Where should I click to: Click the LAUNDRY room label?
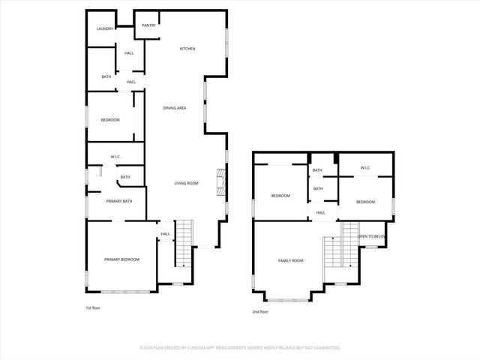[x=104, y=28]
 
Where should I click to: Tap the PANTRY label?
[x=148, y=25]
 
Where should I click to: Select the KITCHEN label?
[x=187, y=49]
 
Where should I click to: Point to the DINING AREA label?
[x=175, y=108]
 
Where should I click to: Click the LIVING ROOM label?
[x=186, y=183]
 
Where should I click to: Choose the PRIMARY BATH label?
[x=119, y=201]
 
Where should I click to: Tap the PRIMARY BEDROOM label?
[x=121, y=259]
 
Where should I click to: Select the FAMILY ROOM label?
[x=290, y=260]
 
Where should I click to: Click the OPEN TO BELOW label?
[x=372, y=236]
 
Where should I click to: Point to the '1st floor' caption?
[x=93, y=307]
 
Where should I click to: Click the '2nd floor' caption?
[x=261, y=311]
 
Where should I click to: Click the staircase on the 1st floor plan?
[x=184, y=244]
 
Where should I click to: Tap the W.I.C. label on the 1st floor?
[x=115, y=157]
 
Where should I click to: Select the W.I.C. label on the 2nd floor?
[x=365, y=167]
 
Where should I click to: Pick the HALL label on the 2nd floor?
[x=320, y=213]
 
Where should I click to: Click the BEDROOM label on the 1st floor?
[x=110, y=119]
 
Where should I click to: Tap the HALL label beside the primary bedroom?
[x=165, y=234]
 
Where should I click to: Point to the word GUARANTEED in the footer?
[x=325, y=347]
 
